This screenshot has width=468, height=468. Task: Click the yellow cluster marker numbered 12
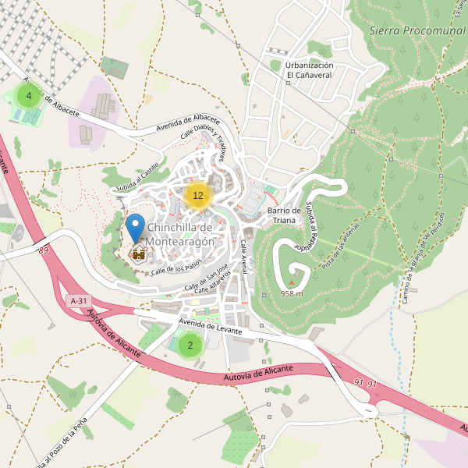[x=198, y=196]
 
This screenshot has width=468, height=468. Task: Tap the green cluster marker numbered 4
[x=29, y=97]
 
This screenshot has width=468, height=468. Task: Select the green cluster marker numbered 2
[x=190, y=345]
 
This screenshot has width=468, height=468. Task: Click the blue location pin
[x=136, y=227]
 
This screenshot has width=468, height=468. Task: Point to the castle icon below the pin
[x=139, y=253]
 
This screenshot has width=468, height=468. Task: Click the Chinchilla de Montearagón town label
[x=180, y=235]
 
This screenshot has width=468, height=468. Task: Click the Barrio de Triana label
[x=284, y=215]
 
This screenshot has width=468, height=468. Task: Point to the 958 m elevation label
[x=292, y=294]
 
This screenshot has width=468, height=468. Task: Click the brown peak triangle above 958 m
[x=292, y=283]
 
